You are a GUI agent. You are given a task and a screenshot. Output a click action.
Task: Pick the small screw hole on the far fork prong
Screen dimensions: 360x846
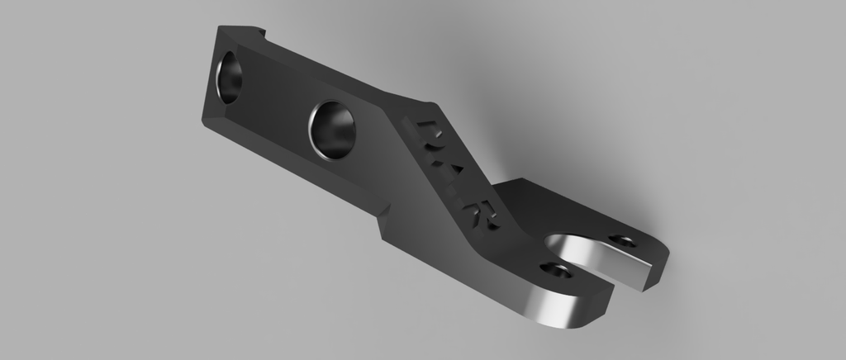pos(624,241)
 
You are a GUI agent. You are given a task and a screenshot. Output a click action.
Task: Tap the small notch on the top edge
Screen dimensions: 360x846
pos(266,34)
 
